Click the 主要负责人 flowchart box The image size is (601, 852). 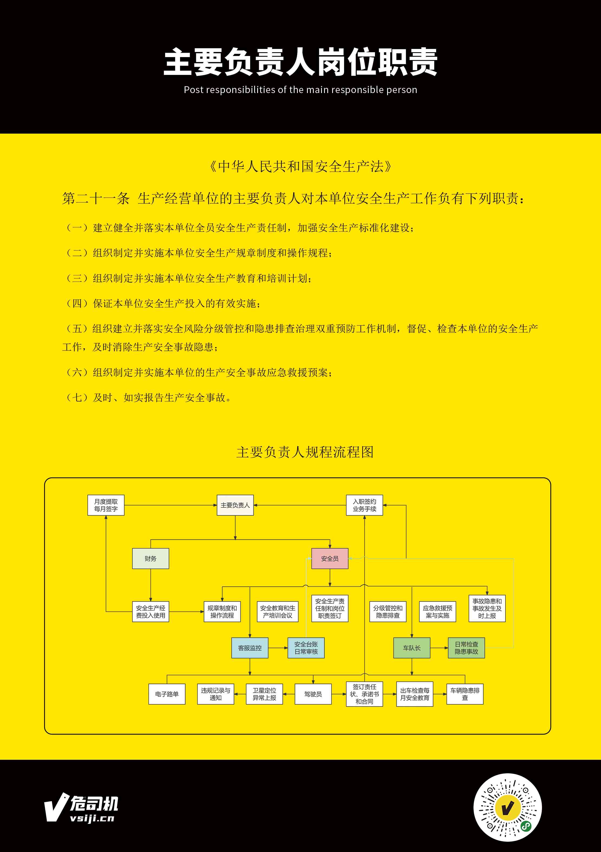pyautogui.click(x=235, y=505)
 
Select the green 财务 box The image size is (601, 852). pyautogui.click(x=151, y=559)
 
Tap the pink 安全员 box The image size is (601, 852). pyautogui.click(x=330, y=559)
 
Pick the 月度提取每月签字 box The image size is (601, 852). pyautogui.click(x=106, y=505)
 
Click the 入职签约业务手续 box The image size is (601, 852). pyautogui.click(x=364, y=505)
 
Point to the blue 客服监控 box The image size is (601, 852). pyautogui.click(x=250, y=648)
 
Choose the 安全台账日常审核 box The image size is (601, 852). pyautogui.click(x=306, y=648)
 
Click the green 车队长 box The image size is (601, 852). pyautogui.click(x=411, y=648)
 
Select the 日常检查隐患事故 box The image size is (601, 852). pyautogui.click(x=466, y=648)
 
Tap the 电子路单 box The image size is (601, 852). pyautogui.click(x=167, y=694)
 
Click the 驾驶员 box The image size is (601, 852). pyautogui.click(x=313, y=694)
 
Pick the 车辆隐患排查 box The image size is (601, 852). pyautogui.click(x=465, y=694)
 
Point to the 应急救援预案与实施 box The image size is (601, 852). pyautogui.click(x=437, y=612)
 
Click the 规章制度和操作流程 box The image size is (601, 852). pyautogui.click(x=222, y=612)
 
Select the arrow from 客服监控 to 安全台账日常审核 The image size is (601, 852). pyautogui.click(x=278, y=648)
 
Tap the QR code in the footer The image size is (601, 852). pyautogui.click(x=507, y=807)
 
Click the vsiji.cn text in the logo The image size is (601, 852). pyautogui.click(x=92, y=818)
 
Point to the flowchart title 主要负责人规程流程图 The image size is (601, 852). pyautogui.click(x=305, y=452)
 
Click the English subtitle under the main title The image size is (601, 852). pyautogui.click(x=300, y=90)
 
